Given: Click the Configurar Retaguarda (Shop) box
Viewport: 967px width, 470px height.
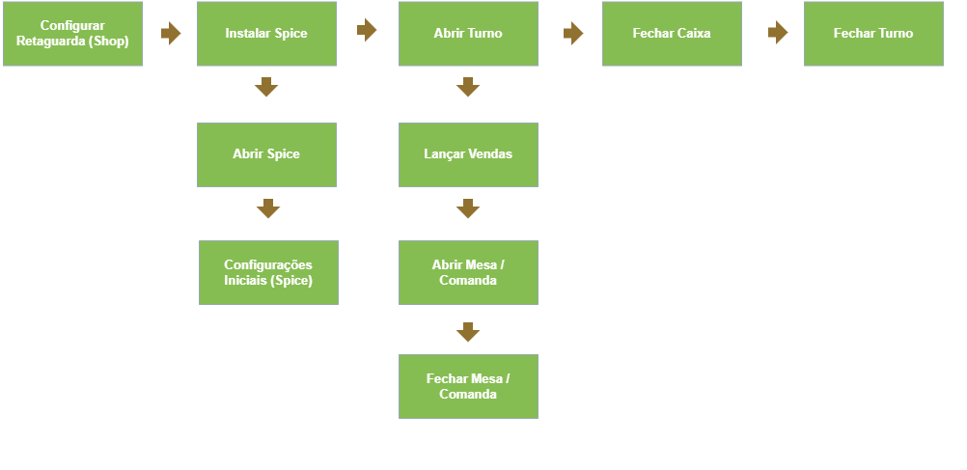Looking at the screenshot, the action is (72, 34).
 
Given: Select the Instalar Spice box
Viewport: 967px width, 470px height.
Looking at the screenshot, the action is (266, 34).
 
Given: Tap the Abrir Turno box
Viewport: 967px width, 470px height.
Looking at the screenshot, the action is (468, 34).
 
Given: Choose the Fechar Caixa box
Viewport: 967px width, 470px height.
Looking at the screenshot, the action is (672, 34).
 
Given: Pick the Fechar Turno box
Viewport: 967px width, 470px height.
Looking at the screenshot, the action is (873, 34).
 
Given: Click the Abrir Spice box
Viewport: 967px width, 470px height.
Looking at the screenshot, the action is (266, 154).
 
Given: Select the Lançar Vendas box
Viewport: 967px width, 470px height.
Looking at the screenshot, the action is (468, 154).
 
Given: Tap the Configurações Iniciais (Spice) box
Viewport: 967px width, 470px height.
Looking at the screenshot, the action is (268, 272).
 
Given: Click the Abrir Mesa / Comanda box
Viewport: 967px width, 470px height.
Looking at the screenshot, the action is (468, 272).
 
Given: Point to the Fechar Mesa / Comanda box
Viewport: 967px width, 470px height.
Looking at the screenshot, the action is (468, 386).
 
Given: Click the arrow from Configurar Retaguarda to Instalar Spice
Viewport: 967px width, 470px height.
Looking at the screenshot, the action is (171, 34).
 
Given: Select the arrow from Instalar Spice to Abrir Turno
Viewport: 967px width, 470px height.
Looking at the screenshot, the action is (367, 30).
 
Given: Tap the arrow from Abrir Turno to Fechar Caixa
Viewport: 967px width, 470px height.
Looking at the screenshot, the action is (573, 34).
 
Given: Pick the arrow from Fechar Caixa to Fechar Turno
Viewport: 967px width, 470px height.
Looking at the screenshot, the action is (778, 32).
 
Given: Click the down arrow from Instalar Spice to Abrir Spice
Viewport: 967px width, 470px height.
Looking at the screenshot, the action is (266, 87).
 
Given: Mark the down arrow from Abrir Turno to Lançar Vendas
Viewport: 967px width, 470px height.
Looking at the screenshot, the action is (468, 87).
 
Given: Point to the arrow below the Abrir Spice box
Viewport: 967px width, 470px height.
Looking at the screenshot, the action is (268, 208).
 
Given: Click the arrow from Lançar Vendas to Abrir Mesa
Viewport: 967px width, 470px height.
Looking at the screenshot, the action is (468, 208).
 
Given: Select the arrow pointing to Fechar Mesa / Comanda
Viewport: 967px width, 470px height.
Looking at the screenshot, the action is (468, 332).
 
